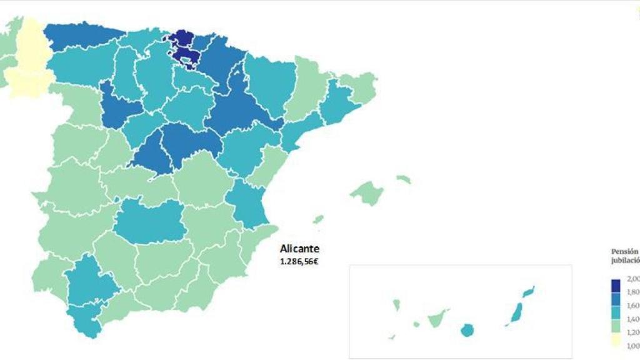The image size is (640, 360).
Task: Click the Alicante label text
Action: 299,249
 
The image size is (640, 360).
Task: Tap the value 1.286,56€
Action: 299,261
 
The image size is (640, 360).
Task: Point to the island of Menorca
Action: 404,179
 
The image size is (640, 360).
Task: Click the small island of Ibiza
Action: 318,219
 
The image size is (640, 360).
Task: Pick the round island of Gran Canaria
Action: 466,330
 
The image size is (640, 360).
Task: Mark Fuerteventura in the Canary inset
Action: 517,312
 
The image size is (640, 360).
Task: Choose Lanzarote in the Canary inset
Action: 529,291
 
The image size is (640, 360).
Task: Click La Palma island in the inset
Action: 396,305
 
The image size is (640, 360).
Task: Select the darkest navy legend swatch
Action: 616,285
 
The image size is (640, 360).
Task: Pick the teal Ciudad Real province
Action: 149,222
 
